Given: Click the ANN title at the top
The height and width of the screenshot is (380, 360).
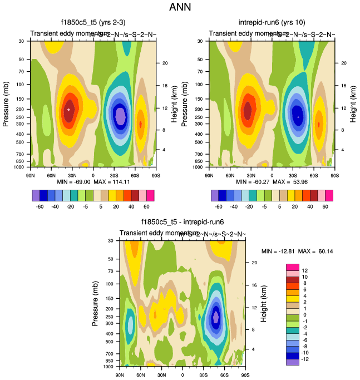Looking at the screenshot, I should pyautogui.click(x=180, y=8).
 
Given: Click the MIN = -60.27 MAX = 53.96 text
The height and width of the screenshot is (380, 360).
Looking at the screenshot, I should pyautogui.click(x=272, y=181).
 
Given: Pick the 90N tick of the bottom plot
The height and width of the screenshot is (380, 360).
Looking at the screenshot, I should pyautogui.click(x=120, y=375).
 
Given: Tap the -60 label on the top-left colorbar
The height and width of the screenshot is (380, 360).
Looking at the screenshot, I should pyautogui.click(x=40, y=206).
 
